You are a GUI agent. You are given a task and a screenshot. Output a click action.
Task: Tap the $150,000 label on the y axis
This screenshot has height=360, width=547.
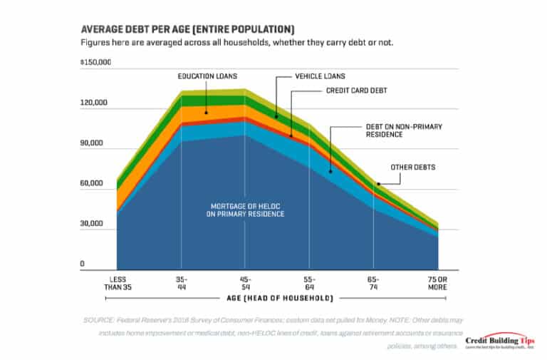pos(96,62)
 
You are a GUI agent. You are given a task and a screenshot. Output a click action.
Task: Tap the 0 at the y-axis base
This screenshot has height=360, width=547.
pos(83,264)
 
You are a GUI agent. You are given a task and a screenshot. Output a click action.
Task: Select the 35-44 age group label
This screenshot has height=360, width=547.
pos(182,282)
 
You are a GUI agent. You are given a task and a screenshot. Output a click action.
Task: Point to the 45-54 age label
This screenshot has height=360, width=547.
pos(245,282)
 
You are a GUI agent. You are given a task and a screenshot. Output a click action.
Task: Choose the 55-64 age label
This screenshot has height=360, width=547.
pos(309,282)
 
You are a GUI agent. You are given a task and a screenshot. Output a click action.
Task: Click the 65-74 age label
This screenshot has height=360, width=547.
pos(373,282)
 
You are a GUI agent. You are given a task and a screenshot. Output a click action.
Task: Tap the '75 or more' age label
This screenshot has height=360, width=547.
pos(437,282)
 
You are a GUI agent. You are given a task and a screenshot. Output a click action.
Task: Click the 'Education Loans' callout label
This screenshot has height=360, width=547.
pos(207,75)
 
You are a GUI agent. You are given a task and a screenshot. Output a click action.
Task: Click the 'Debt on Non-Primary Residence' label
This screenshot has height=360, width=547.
pos(404,130)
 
